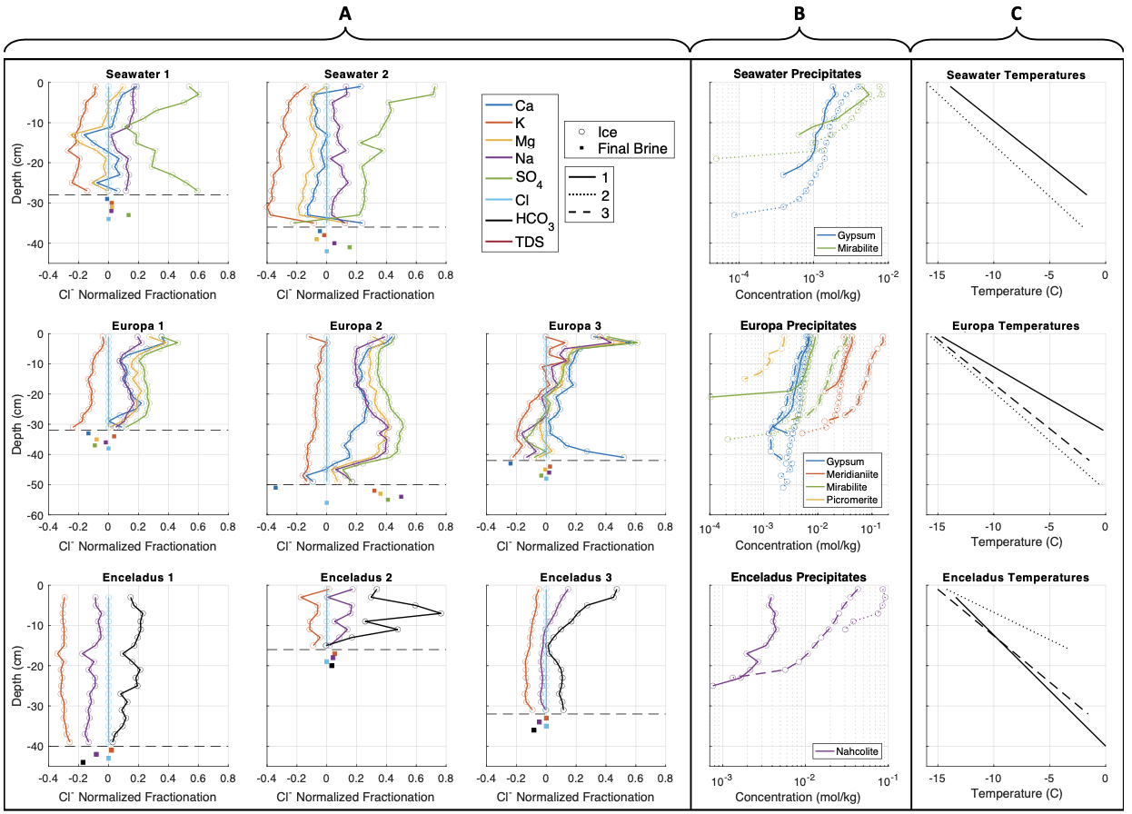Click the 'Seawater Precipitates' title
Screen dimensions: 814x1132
coord(797,74)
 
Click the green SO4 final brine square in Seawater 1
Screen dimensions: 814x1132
coord(129,215)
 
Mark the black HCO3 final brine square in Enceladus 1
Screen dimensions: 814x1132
coord(83,762)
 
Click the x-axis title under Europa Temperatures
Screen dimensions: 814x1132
coord(1016,542)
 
